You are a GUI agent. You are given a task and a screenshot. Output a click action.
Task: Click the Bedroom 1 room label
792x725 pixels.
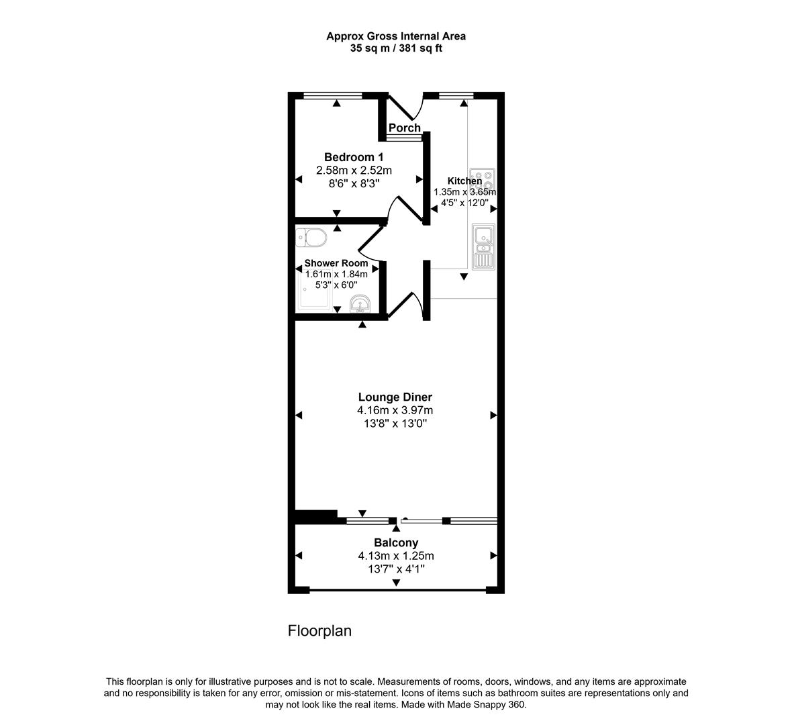(354, 157)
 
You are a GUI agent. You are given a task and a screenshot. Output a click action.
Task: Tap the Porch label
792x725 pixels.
(405, 128)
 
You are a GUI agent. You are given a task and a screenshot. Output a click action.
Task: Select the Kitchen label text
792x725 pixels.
(464, 181)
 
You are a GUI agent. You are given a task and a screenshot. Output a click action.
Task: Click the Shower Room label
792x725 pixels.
(336, 263)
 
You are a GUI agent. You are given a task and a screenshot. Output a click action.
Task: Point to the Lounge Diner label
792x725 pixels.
(395, 397)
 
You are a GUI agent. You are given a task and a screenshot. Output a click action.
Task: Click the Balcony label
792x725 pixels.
(396, 542)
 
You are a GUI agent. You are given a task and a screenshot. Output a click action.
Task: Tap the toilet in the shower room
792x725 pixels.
(311, 237)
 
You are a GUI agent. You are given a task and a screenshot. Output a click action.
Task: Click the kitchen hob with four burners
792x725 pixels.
(483, 178)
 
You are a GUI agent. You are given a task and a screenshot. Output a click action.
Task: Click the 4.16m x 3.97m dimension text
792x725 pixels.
(395, 411)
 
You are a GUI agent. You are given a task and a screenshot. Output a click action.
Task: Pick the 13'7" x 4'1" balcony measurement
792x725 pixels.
(396, 569)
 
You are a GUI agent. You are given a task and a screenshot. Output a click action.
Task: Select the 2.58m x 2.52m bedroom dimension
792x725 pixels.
(354, 171)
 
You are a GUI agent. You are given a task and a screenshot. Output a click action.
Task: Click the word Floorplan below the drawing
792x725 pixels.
(319, 631)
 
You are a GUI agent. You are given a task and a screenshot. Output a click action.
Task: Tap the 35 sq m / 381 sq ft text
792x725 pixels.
(396, 48)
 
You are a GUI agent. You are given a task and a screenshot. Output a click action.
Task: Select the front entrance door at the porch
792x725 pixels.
(405, 107)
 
